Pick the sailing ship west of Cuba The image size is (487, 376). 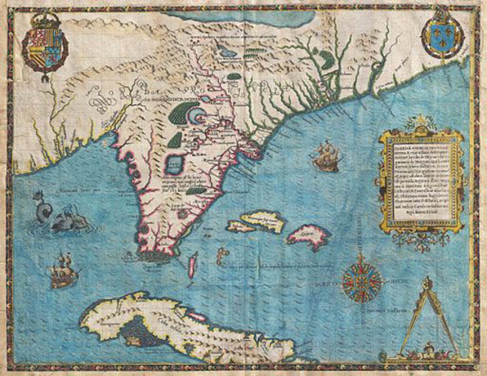click(x=60, y=271)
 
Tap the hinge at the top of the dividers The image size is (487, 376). click(x=428, y=283)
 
